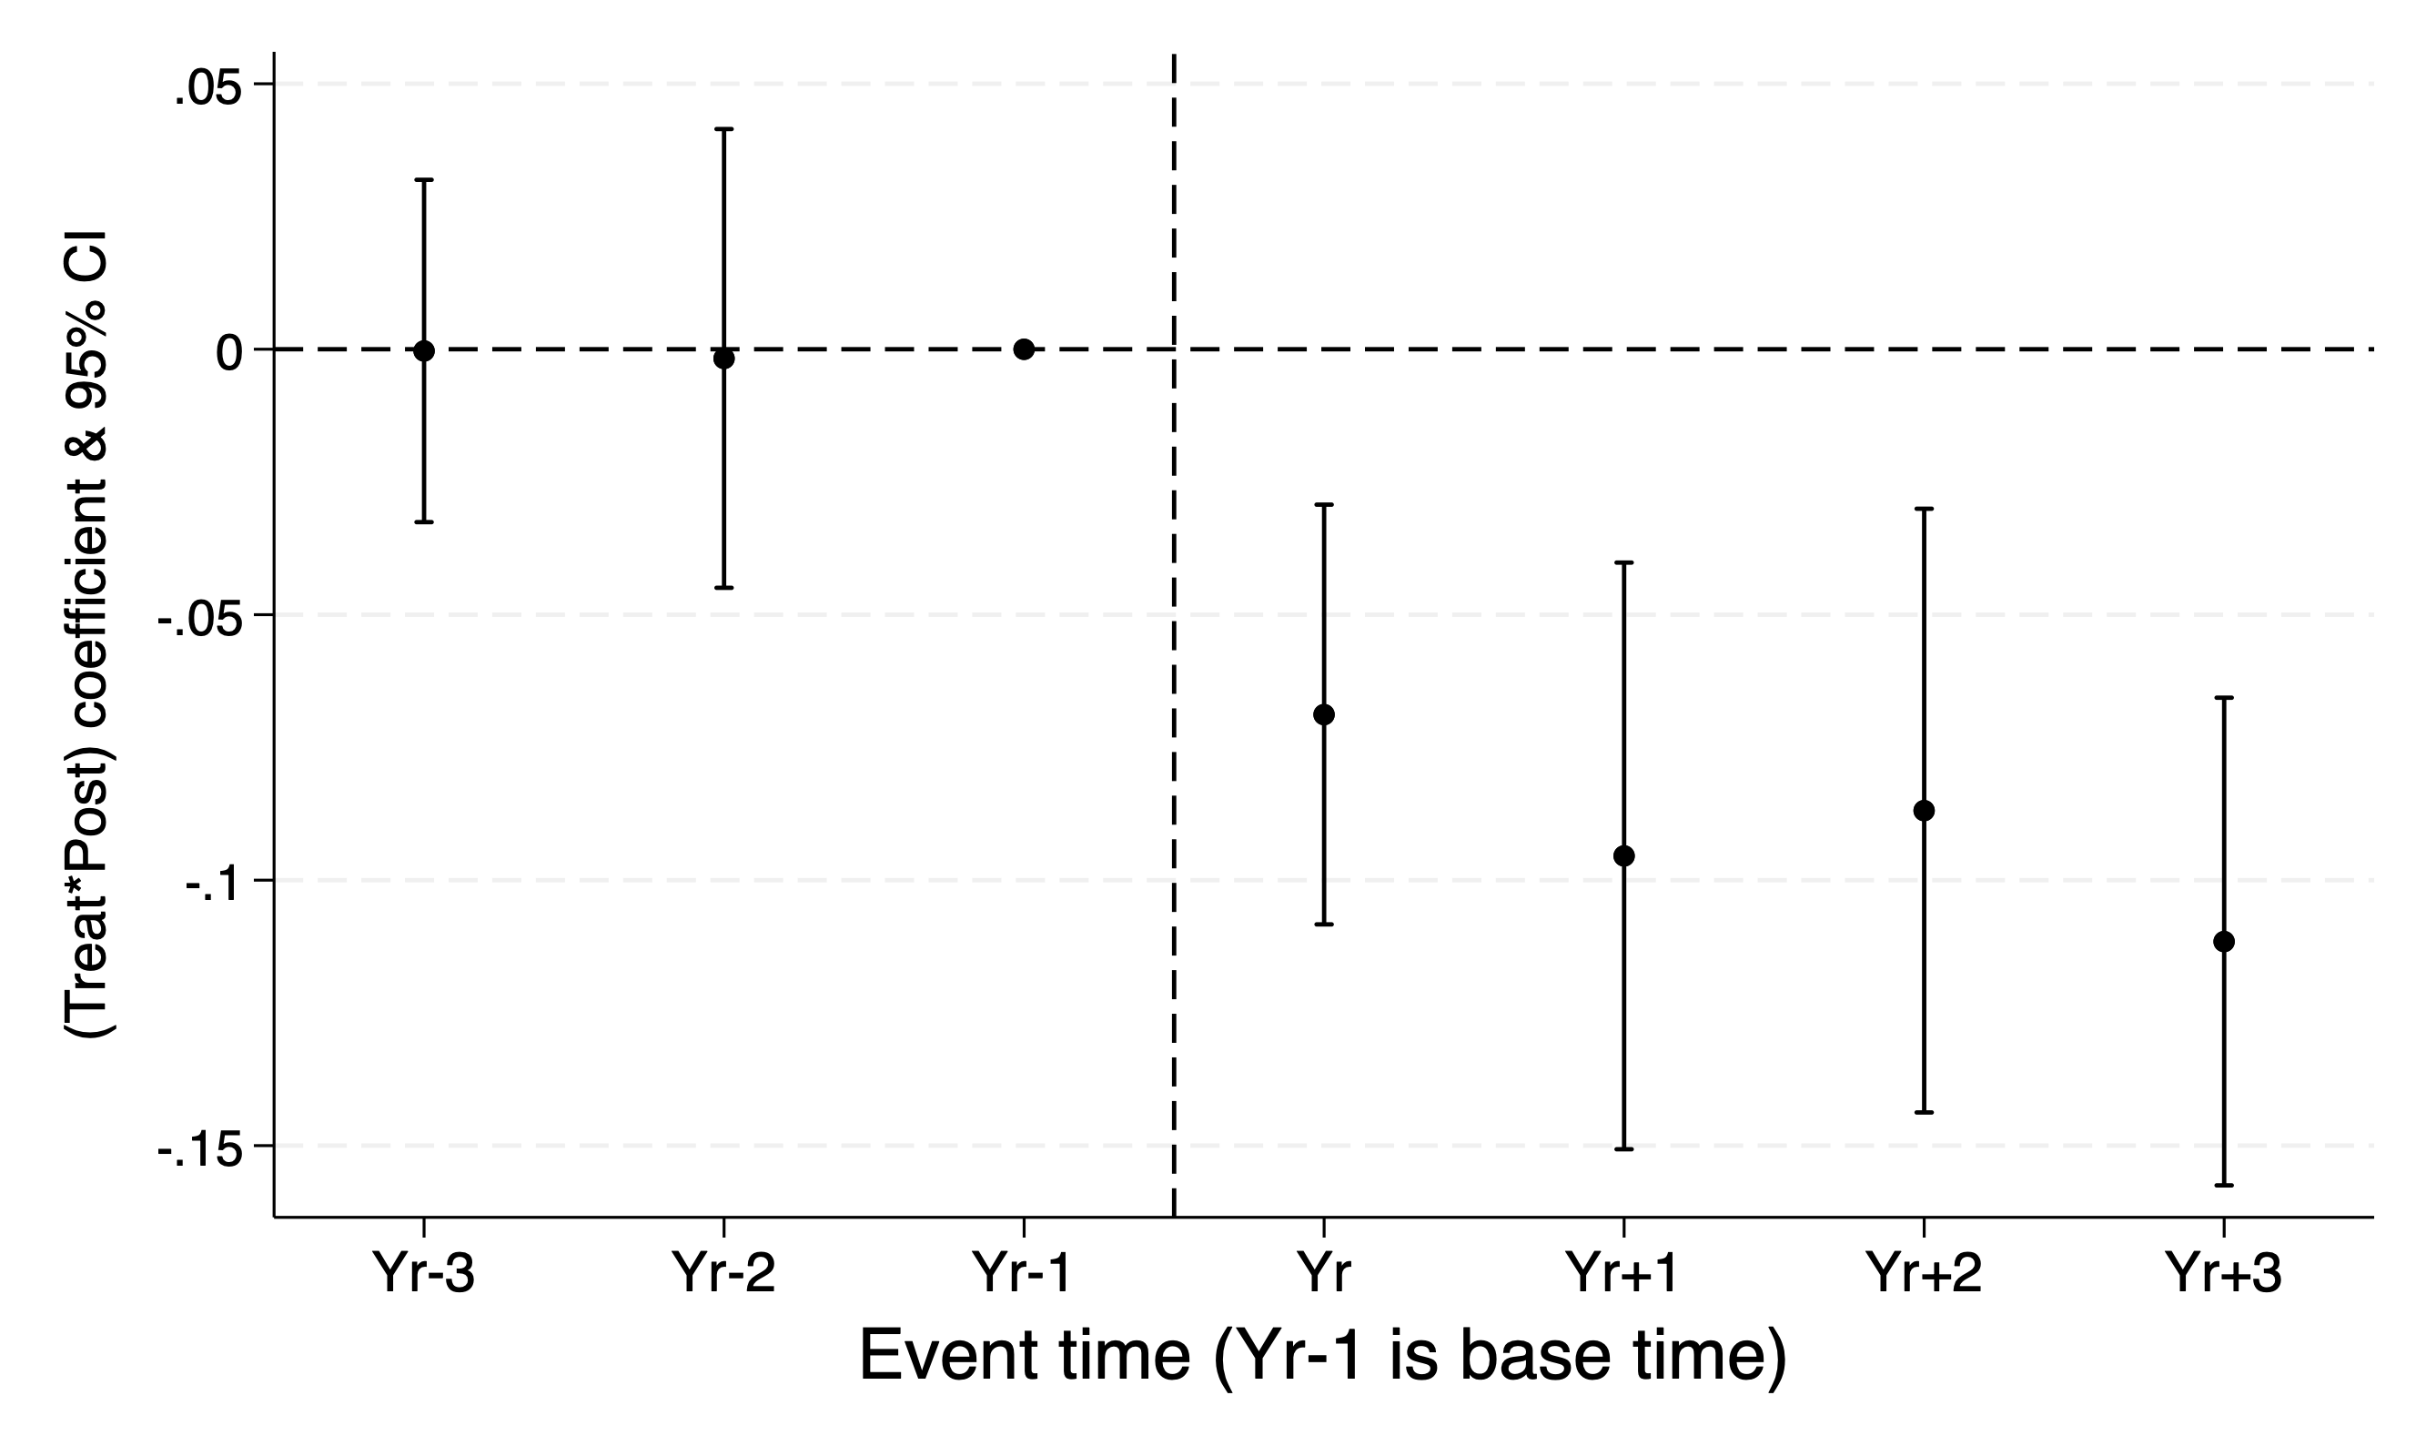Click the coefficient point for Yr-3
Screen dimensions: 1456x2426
pyautogui.click(x=424, y=351)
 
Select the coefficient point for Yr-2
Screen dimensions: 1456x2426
pyautogui.click(x=724, y=359)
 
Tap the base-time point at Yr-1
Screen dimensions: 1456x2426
pyautogui.click(x=1024, y=349)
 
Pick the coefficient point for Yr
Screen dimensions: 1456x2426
pyautogui.click(x=1323, y=714)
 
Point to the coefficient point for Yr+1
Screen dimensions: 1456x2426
pyautogui.click(x=1623, y=855)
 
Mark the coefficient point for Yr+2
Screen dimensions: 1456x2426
pyautogui.click(x=1924, y=811)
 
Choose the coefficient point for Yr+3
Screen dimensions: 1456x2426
pyautogui.click(x=2224, y=942)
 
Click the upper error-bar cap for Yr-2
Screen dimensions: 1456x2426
pyautogui.click(x=724, y=128)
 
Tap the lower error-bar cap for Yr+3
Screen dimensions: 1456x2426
pyautogui.click(x=2224, y=1185)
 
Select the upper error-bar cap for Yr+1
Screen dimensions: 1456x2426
pyautogui.click(x=1623, y=562)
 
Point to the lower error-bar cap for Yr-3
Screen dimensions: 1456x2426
pyautogui.click(x=424, y=522)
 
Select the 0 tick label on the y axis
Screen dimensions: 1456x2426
pyautogui.click(x=229, y=352)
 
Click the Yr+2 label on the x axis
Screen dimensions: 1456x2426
pyautogui.click(x=1924, y=1273)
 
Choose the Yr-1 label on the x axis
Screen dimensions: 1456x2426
pyautogui.click(x=1024, y=1273)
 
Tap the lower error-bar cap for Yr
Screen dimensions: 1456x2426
pyautogui.click(x=1323, y=925)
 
